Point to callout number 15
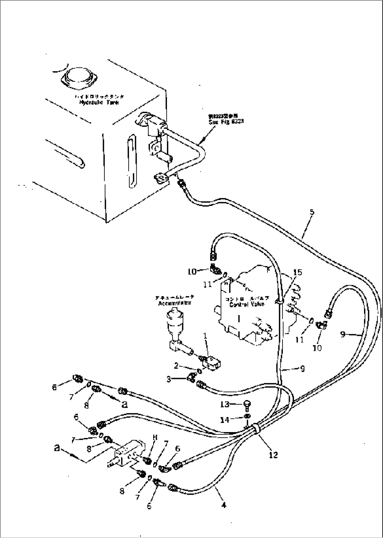coord(297,272)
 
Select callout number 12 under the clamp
coord(273,455)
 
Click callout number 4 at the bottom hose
coord(224,505)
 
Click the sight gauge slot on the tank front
coord(131,161)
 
